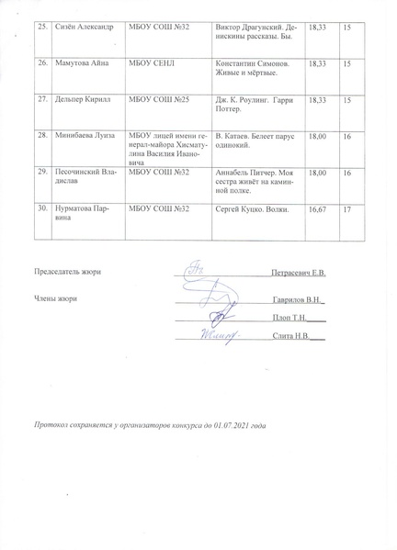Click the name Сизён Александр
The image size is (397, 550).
tap(81, 28)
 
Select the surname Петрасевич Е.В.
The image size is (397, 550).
tap(299, 273)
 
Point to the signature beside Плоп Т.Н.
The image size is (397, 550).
tap(216, 317)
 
